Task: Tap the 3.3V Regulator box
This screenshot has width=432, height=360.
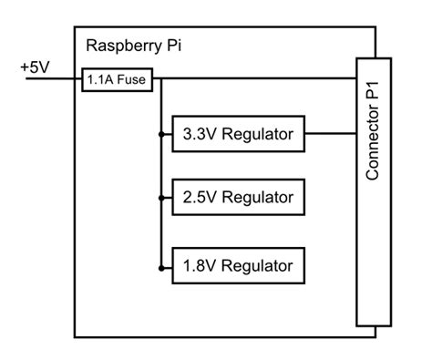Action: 238,136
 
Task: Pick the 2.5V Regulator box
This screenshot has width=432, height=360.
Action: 238,196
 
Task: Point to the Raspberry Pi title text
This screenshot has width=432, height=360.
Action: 133,46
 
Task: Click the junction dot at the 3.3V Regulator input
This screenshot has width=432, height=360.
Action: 160,136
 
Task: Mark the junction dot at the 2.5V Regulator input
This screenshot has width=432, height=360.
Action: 160,196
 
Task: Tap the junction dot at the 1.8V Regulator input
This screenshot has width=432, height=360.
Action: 160,266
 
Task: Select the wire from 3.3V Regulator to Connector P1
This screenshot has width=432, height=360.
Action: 329,136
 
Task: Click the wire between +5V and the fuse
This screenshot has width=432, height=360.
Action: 55,79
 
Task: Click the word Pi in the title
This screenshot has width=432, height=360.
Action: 172,46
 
